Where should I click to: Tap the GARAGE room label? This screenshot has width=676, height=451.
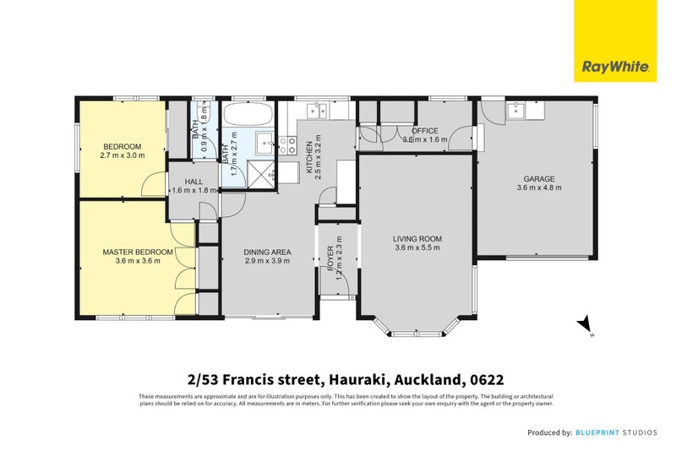pyautogui.click(x=538, y=179)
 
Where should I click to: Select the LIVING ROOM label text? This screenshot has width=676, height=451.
pyautogui.click(x=417, y=239)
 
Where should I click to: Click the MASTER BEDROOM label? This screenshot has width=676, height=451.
pyautogui.click(x=138, y=252)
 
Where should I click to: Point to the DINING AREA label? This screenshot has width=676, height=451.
pyautogui.click(x=268, y=252)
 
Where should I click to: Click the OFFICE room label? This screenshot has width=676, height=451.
pyautogui.click(x=425, y=131)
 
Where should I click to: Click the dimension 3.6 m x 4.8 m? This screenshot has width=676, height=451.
pyautogui.click(x=538, y=187)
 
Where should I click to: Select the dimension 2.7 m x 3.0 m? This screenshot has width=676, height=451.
pyautogui.click(x=123, y=155)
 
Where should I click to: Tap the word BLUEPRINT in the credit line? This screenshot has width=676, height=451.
pyautogui.click(x=601, y=432)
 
